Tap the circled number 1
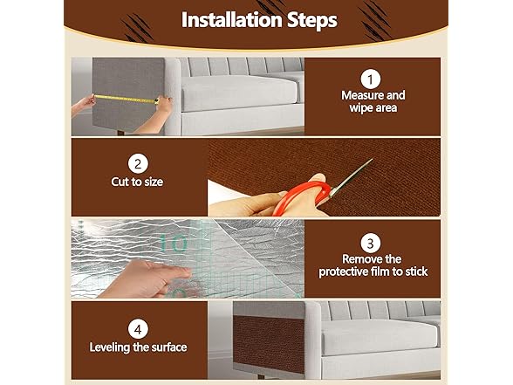coord(370,78)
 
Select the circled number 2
coord(137,162)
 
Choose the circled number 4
coord(137,328)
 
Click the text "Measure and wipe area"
coord(370,101)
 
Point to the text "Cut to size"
coord(137,182)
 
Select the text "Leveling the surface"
coord(138,347)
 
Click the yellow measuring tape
coord(126,98)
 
